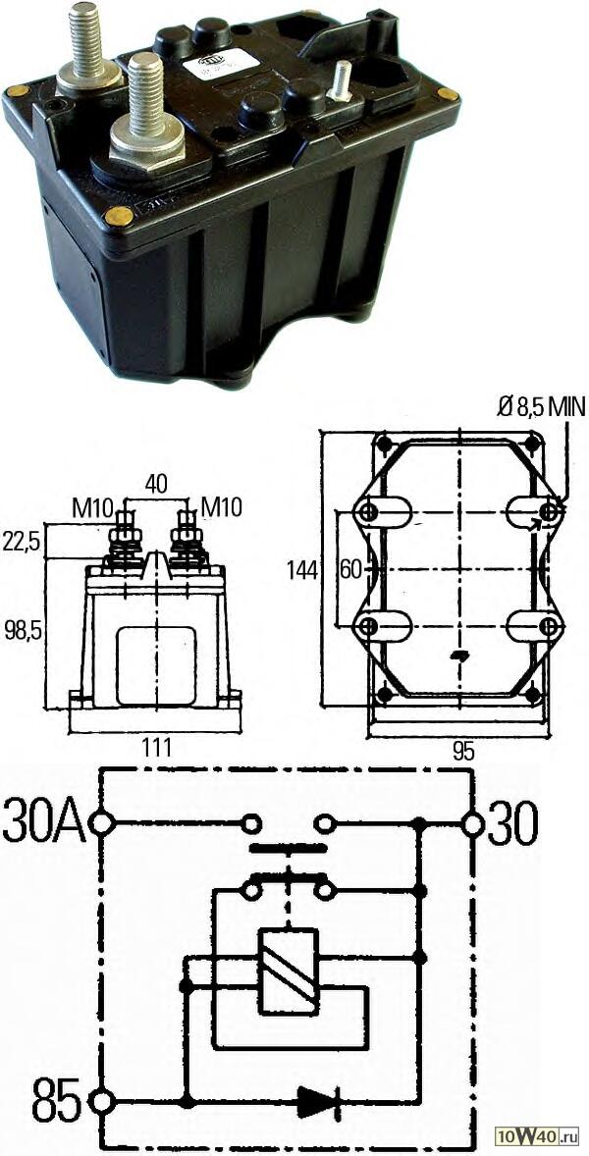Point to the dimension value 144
click(x=303, y=570)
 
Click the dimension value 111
click(x=156, y=748)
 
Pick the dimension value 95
click(x=462, y=752)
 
